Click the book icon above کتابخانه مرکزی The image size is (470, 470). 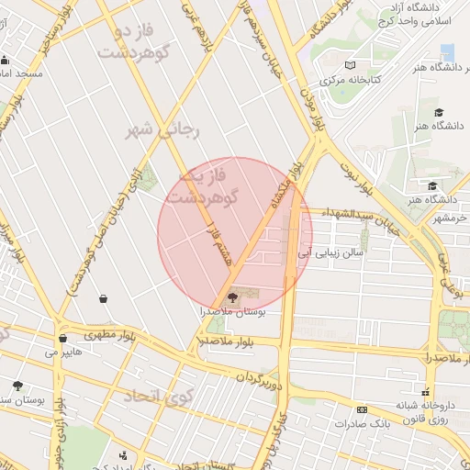click(x=349, y=65)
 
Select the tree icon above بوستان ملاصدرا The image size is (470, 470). click(x=230, y=297)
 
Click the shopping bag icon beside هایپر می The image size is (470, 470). click(x=62, y=339)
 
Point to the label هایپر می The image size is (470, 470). click(x=64, y=352)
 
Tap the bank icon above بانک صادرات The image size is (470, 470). click(x=362, y=409)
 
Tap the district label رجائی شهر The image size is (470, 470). click(x=162, y=130)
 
